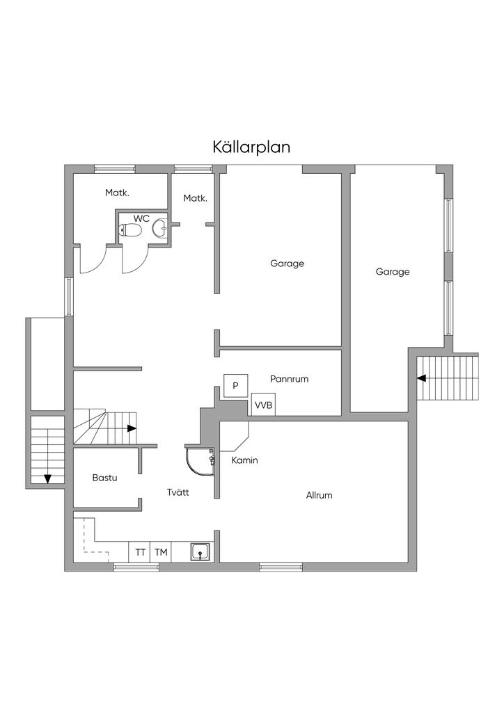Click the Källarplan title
click(x=251, y=147)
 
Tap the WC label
click(x=141, y=218)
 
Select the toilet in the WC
click(x=130, y=231)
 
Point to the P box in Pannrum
click(x=235, y=385)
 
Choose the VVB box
click(x=264, y=405)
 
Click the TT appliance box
click(x=140, y=552)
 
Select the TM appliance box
click(x=161, y=552)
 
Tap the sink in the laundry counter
click(x=200, y=552)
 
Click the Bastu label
click(x=104, y=478)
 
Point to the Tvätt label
click(x=178, y=492)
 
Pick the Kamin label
click(x=244, y=460)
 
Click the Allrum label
click(x=319, y=495)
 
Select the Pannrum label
click(x=289, y=379)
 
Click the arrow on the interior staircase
click(x=132, y=428)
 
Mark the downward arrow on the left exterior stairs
click(x=47, y=478)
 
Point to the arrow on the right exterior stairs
click(x=422, y=378)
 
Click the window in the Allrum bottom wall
click(x=281, y=567)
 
